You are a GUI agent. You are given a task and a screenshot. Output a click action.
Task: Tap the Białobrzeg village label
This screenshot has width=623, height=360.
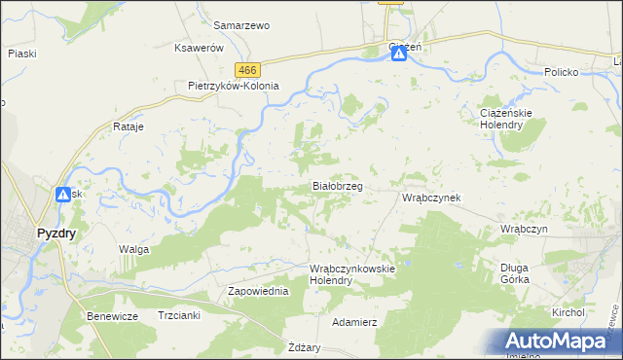(337, 185)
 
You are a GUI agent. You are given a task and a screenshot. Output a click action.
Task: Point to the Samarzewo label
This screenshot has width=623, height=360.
(240, 25)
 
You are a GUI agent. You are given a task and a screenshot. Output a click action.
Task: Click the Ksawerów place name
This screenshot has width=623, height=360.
(199, 48)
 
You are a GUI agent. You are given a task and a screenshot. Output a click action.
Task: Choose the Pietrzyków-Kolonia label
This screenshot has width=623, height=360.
(234, 86)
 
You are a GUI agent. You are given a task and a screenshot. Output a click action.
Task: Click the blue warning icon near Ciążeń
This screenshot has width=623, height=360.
(399, 55)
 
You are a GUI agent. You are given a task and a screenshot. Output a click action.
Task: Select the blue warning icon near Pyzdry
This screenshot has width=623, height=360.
(63, 195)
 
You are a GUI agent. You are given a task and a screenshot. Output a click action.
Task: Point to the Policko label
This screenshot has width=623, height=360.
(562, 73)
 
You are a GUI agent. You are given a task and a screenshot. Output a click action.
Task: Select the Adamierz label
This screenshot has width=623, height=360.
(354, 320)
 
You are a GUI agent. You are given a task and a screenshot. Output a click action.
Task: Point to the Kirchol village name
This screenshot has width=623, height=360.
(567, 312)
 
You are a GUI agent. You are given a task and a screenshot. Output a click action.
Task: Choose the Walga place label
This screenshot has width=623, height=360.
(133, 250)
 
